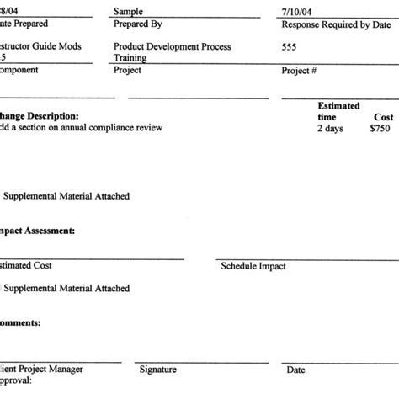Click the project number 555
pos(290,47)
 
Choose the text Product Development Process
pos(168,47)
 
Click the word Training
pos(130,59)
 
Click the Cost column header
pos(383,117)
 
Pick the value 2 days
pos(331,129)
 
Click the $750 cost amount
pos(382,129)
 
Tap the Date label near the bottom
pos(296,369)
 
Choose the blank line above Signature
pos(202,361)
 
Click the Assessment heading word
pos(52,229)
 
